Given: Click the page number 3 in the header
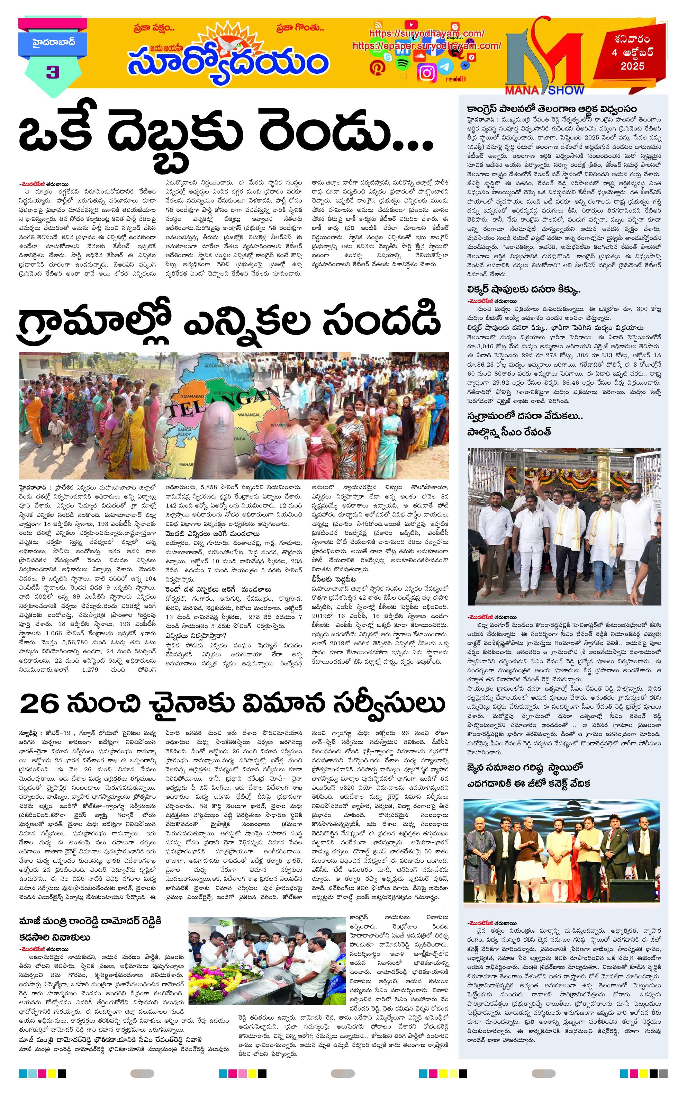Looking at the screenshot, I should (x=53, y=72).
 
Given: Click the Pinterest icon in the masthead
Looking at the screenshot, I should (x=377, y=67).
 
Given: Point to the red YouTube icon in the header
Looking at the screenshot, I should (x=410, y=25).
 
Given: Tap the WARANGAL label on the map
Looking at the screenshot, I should (x=249, y=415).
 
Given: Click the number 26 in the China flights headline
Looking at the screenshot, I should (x=39, y=704).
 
